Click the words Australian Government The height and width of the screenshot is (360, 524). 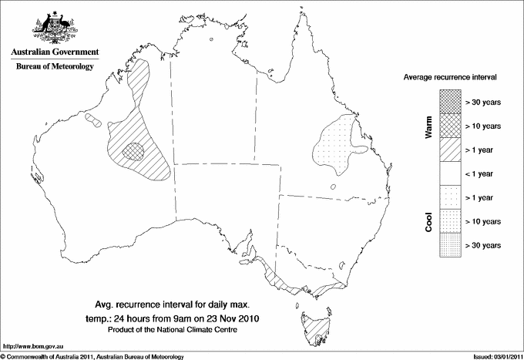pos(54,53)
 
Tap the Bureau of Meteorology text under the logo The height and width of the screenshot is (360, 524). pos(54,67)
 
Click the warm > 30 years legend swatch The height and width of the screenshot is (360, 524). pos(449,102)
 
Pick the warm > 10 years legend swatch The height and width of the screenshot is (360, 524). pos(449,126)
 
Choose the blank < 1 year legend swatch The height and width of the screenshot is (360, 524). pos(449,173)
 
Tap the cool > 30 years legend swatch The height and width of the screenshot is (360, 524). pos(449,244)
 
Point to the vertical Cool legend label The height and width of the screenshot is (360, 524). pos(428,222)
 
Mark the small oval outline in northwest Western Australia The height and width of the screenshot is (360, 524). pos(92,119)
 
